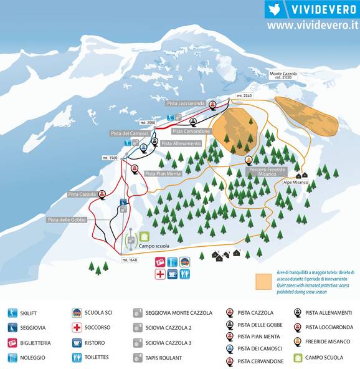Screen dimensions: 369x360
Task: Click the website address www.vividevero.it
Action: [x=312, y=26]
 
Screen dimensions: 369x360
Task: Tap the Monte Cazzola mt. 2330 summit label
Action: [x=284, y=75]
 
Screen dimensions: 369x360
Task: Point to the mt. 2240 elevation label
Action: [x=244, y=96]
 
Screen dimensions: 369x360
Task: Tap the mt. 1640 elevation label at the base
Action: [x=130, y=259]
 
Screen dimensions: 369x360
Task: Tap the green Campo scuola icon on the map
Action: [x=144, y=236]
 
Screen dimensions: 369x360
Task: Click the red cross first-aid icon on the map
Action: [x=160, y=274]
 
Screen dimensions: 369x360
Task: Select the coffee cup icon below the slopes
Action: [x=173, y=274]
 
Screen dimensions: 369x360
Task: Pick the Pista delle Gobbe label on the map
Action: [x=67, y=219]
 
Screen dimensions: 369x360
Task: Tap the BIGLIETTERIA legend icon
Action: [x=12, y=342]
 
